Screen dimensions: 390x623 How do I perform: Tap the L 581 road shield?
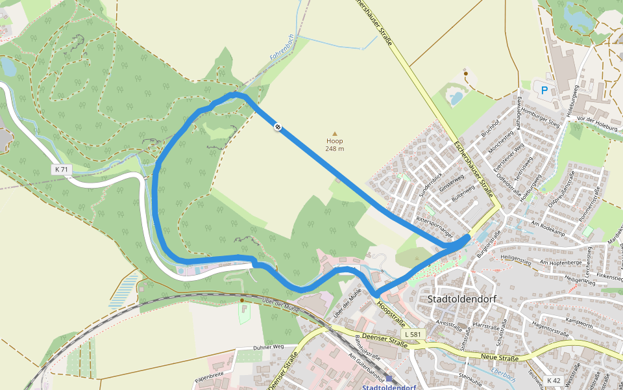tap(413, 334)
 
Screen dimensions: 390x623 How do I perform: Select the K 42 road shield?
tap(553, 380)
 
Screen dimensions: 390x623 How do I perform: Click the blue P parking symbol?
tap(544, 90)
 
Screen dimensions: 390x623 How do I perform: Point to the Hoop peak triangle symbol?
tap(335, 133)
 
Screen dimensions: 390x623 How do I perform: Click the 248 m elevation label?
tap(335, 149)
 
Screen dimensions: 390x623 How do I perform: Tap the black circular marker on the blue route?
tap(278, 127)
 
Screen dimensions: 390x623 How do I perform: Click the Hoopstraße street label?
tap(391, 314)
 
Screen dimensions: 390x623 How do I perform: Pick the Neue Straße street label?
tap(500, 357)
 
